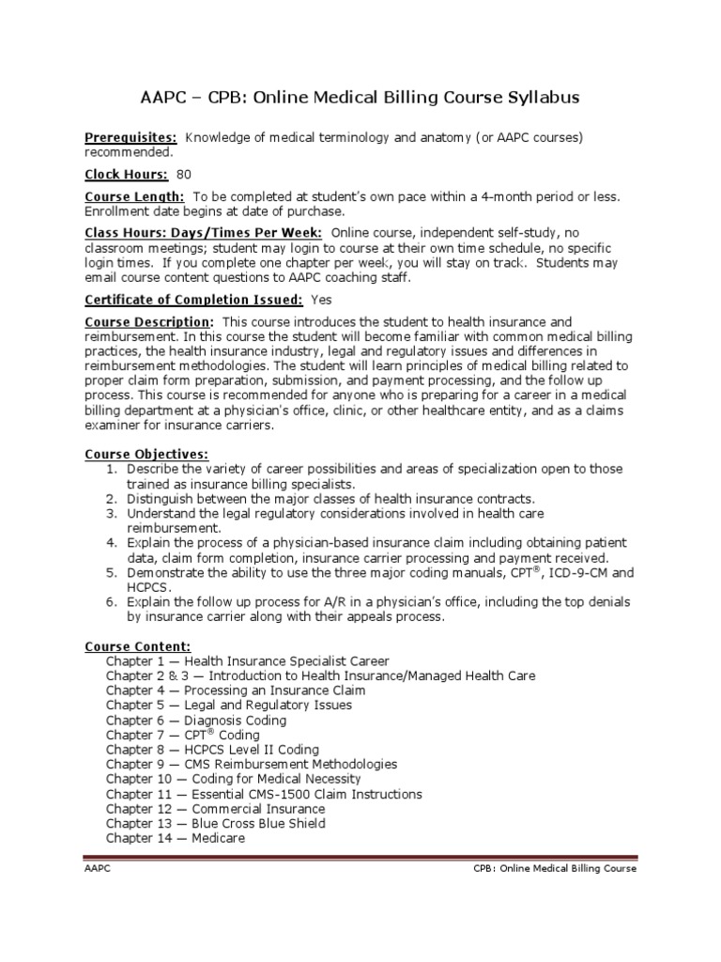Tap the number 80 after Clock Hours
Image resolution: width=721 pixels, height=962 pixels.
click(184, 174)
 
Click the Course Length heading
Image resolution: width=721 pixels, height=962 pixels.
click(135, 196)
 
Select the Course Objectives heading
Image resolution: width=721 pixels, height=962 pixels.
click(146, 455)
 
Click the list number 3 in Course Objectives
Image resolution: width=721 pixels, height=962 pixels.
click(111, 514)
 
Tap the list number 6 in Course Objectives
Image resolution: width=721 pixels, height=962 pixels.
click(111, 602)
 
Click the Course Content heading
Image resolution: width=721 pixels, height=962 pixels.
click(138, 646)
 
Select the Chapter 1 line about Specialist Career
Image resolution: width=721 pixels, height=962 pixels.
click(247, 661)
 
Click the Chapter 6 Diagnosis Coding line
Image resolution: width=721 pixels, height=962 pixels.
click(196, 721)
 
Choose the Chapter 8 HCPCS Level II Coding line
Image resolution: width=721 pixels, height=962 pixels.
click(212, 750)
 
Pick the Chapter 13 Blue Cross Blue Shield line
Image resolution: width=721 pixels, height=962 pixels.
click(216, 823)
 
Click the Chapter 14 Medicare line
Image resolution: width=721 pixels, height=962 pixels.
click(176, 838)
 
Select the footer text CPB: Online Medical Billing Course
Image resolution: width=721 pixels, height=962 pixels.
click(555, 869)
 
